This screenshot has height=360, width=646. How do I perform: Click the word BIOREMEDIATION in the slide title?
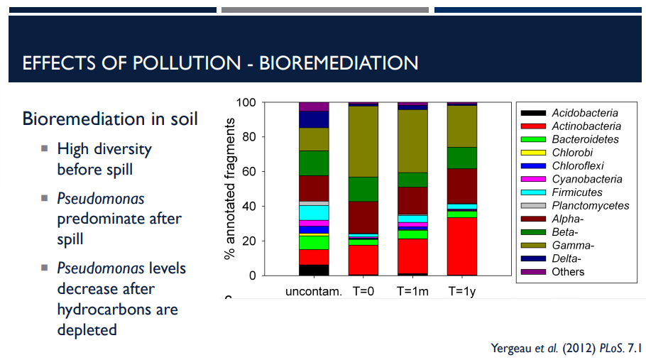(339, 62)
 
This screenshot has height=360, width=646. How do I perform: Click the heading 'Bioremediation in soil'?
(110, 118)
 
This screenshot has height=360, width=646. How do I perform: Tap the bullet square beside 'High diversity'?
(44, 148)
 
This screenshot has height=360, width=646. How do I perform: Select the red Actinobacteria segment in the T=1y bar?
(461, 246)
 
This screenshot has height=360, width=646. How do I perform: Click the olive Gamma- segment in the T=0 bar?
(363, 141)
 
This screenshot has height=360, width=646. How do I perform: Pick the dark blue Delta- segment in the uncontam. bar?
(314, 119)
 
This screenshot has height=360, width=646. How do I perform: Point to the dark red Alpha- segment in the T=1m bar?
(412, 200)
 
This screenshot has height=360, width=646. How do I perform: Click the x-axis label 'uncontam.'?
(314, 291)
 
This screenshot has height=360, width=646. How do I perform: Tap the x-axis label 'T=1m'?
(412, 291)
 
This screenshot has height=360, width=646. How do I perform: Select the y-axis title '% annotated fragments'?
(230, 189)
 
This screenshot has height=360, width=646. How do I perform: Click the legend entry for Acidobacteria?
(584, 113)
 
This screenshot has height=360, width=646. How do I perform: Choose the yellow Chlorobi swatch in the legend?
(533, 153)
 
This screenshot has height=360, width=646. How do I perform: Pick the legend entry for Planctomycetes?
(590, 205)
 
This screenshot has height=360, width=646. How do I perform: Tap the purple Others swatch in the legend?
(533, 272)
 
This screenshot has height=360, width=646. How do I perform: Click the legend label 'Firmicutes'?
(576, 192)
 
